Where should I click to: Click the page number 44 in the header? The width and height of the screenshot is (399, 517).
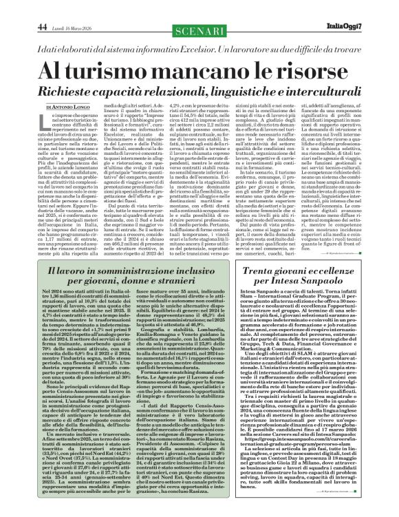pos(43,8)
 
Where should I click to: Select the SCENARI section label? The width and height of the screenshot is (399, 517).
pos(199,9)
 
